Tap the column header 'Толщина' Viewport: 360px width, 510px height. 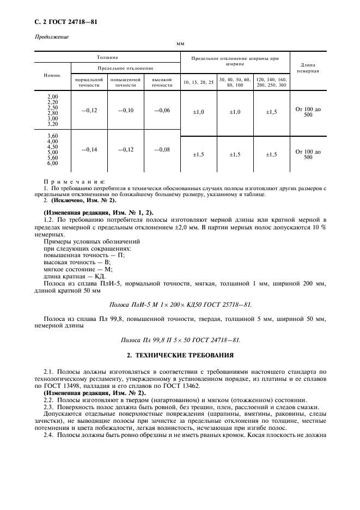pos(107,57)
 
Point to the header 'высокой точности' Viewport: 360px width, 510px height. pos(162,82)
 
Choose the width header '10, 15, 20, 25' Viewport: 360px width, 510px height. pos(199,82)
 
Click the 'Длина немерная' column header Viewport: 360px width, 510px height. pos(308,68)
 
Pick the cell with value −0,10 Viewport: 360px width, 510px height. pos(125,111)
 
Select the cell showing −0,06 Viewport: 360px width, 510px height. pos(162,111)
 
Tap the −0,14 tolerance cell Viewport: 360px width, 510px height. pos(89,149)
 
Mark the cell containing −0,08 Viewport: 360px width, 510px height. pos(162,149)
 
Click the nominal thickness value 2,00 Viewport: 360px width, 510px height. pos(53,96)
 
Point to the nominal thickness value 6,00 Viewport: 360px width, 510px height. pos(53,163)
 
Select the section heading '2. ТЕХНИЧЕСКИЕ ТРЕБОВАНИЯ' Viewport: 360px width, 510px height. pos(180,355)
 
